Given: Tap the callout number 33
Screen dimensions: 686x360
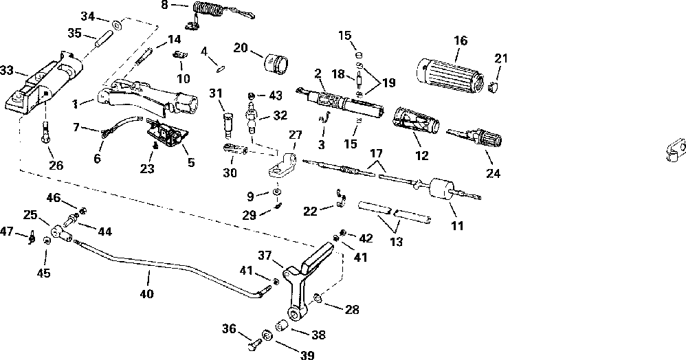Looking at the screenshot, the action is click(x=7, y=71).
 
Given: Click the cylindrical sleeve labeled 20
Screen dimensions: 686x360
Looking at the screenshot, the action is click(x=276, y=65).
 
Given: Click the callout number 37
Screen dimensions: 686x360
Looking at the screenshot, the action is click(x=265, y=255).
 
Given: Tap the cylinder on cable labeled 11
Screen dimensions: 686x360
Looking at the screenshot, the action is click(x=441, y=190).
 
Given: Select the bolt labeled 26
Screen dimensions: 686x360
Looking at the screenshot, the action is click(x=45, y=132).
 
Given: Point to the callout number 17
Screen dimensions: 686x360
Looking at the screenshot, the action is click(x=376, y=153).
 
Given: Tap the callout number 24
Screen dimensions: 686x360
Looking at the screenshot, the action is click(x=493, y=174).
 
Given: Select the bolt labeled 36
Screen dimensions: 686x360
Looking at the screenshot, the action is click(x=254, y=344).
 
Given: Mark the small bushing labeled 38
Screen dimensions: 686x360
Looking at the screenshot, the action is click(x=281, y=326).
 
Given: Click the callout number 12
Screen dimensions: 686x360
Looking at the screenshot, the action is click(x=422, y=155).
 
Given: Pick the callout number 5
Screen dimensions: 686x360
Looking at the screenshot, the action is click(x=191, y=162).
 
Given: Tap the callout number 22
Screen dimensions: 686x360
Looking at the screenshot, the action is click(x=310, y=211).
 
